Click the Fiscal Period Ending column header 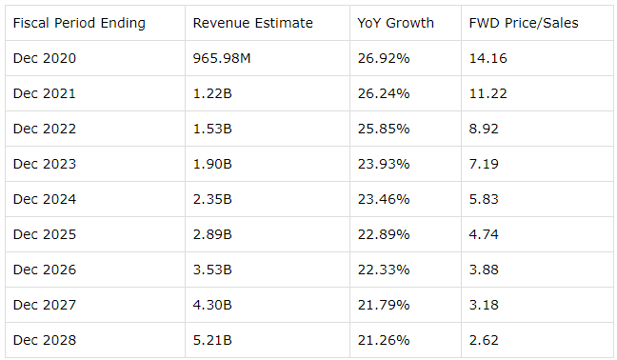click(79, 23)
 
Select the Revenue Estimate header click(252, 23)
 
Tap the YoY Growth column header click(395, 23)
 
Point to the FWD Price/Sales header click(524, 23)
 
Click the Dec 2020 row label click(45, 58)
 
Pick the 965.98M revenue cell click(222, 58)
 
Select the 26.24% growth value click(384, 93)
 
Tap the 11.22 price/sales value click(488, 93)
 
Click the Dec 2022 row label click(45, 129)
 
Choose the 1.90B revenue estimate click(212, 164)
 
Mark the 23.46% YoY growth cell click(384, 199)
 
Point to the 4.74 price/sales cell click(484, 234)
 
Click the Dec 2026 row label click(45, 270)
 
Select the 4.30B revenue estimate click(212, 305)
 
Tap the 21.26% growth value click(384, 340)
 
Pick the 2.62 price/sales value click(484, 340)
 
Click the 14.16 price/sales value click(488, 58)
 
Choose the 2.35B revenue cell click(212, 199)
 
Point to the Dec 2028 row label click(45, 340)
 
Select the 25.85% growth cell click(384, 129)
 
